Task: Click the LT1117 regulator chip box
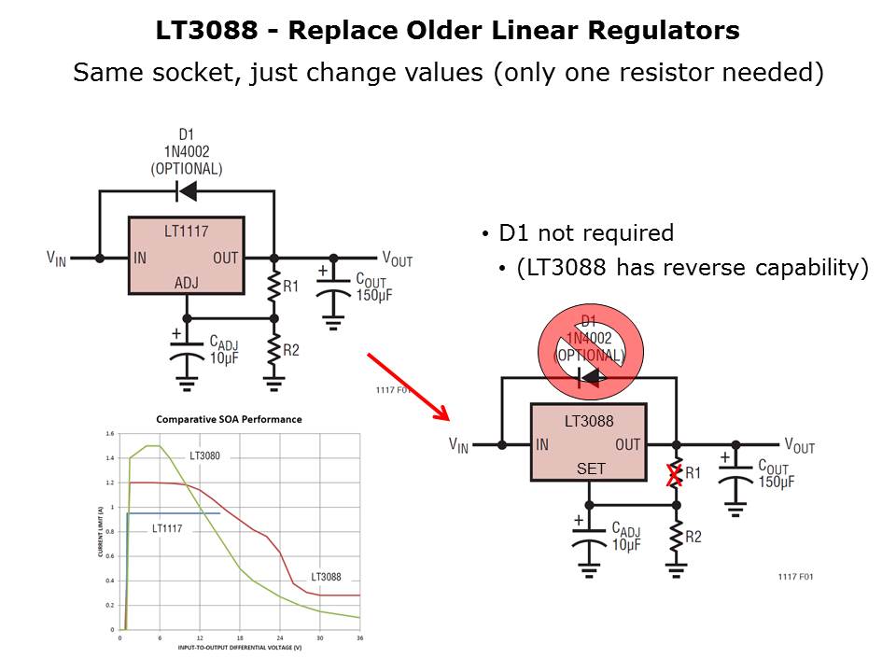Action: coord(186,257)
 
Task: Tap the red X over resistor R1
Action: coord(672,476)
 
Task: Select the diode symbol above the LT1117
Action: coord(186,192)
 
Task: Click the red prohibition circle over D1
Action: coord(589,348)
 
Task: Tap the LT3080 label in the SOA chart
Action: coord(205,456)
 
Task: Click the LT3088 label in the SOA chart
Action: coord(327,577)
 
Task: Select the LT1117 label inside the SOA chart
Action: coord(167,528)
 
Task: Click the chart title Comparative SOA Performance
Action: coord(229,419)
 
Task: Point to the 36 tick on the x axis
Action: coord(359,638)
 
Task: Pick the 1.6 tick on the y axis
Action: coord(110,435)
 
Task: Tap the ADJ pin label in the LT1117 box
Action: coord(187,283)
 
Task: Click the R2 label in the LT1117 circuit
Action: coord(290,350)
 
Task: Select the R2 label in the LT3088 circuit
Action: coord(693,537)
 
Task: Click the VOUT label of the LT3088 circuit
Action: coord(799,446)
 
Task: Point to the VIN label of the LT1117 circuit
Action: coord(57,258)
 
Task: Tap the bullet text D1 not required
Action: coord(586,233)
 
